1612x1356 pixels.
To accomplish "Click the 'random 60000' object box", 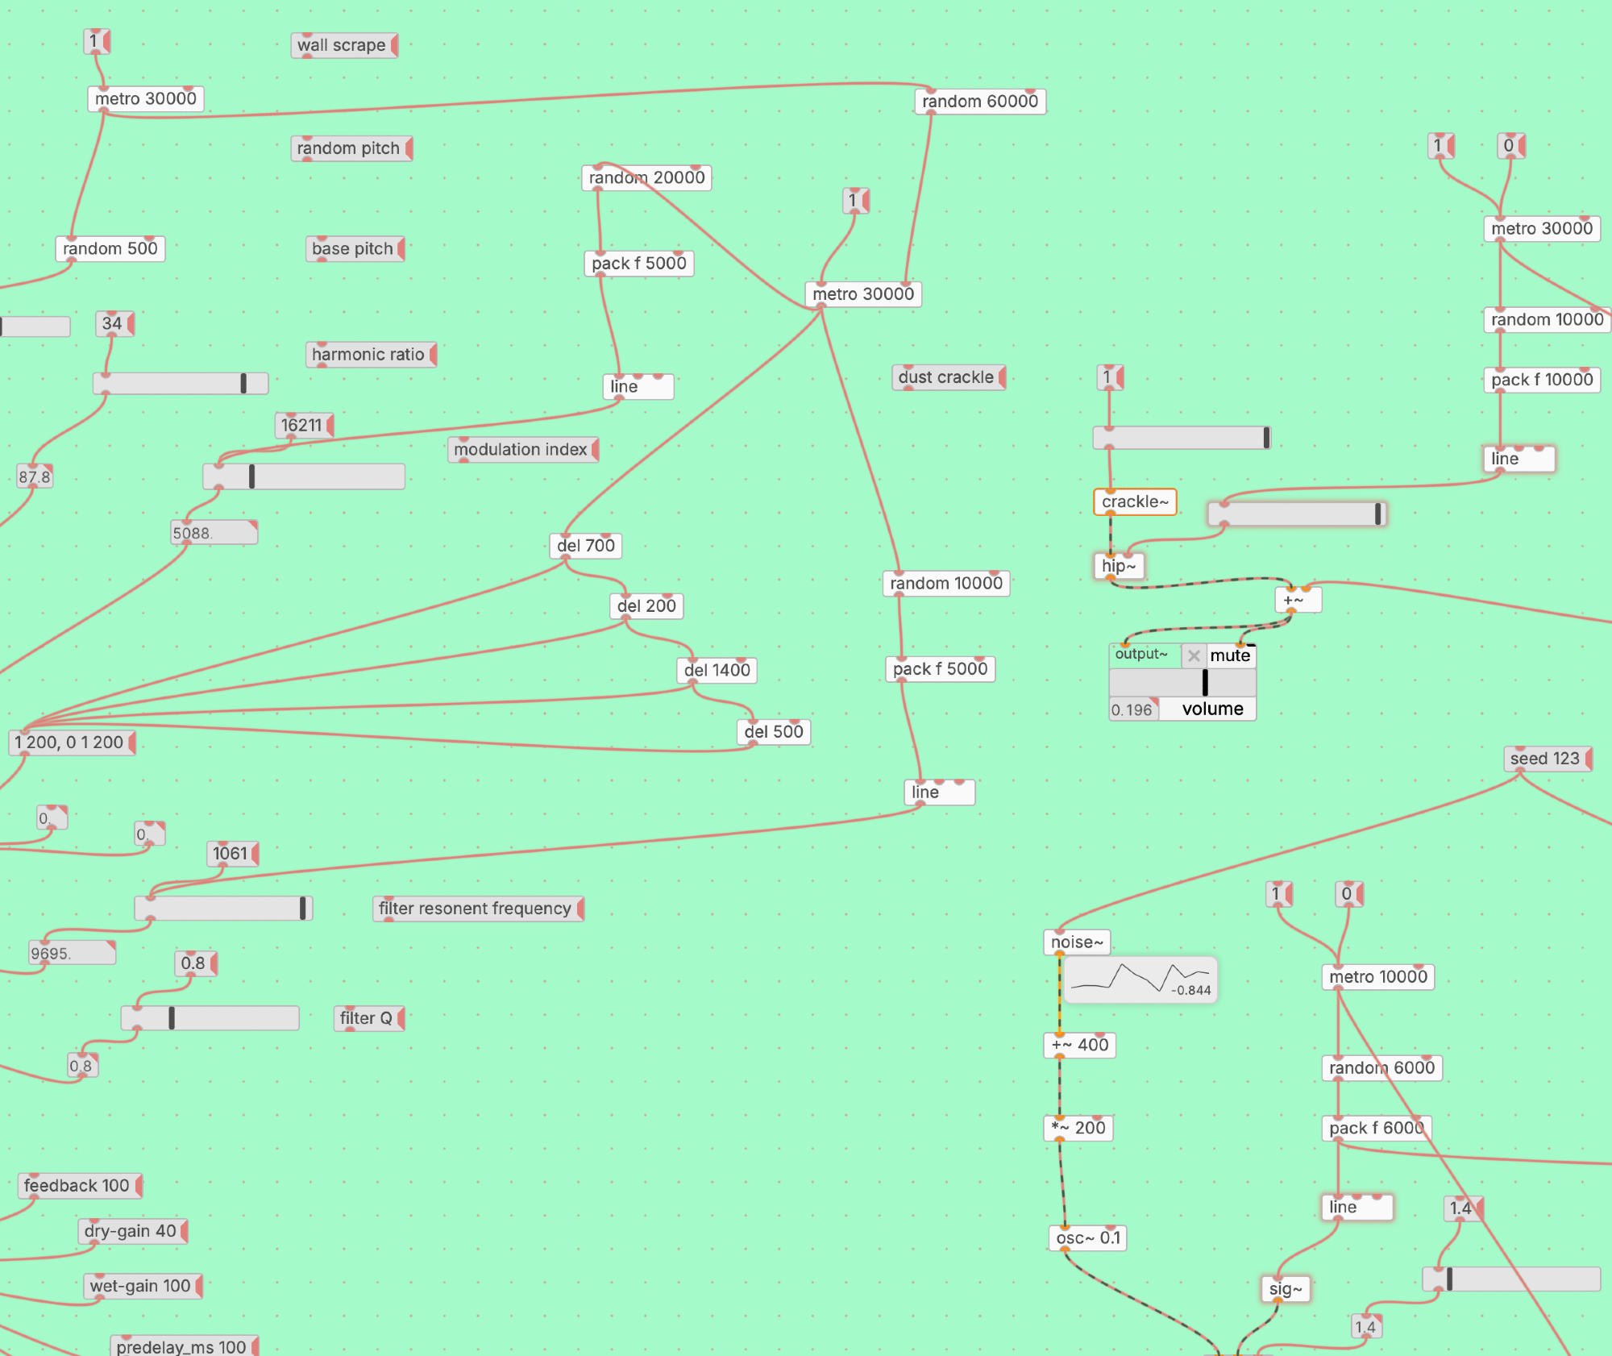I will pyautogui.click(x=979, y=102).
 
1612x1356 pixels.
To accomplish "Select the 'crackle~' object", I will pyautogui.click(x=1134, y=501).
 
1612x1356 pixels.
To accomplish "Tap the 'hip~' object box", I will pyautogui.click(x=1118, y=566).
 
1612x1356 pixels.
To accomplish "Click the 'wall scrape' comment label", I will pyautogui.click(x=343, y=45).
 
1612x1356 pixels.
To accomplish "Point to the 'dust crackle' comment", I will pyautogui.click(x=947, y=377).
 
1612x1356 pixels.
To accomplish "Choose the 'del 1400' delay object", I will pyautogui.click(x=717, y=670).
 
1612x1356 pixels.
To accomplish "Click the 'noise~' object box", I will pyautogui.click(x=1076, y=942).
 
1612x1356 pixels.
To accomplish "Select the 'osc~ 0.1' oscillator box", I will pyautogui.click(x=1087, y=1237).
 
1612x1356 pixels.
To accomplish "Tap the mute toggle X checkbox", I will pyautogui.click(x=1194, y=655).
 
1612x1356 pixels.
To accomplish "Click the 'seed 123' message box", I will pyautogui.click(x=1545, y=759).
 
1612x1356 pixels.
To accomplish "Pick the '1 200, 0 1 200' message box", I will pyautogui.click(x=70, y=742).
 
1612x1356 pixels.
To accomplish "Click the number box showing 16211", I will pyautogui.click(x=302, y=425).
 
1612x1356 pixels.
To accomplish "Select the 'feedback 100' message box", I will pyautogui.click(x=77, y=1186).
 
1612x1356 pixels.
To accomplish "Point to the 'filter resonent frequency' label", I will pyautogui.click(x=476, y=909).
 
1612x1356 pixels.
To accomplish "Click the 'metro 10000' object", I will pyautogui.click(x=1377, y=977).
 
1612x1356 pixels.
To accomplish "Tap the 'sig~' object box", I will pyautogui.click(x=1285, y=1289).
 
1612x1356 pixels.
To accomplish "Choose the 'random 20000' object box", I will pyautogui.click(x=646, y=177).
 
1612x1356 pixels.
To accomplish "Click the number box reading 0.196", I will pyautogui.click(x=1132, y=709).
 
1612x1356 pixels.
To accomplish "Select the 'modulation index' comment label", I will pyautogui.click(x=521, y=450).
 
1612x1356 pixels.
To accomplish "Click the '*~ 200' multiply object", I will pyautogui.click(x=1078, y=1128).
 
